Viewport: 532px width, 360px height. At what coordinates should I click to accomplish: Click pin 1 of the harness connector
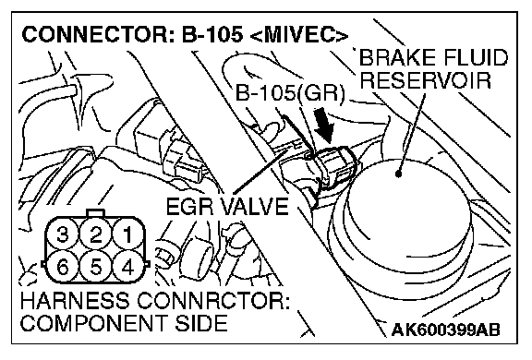pos(127,234)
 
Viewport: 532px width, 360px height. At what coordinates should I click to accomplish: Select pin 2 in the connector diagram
pos(96,234)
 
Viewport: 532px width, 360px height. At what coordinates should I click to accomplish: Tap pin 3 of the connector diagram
pos(63,234)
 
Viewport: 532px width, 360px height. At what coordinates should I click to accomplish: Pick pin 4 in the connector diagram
pos(127,267)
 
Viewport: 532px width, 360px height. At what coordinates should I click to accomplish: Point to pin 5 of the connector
pos(96,267)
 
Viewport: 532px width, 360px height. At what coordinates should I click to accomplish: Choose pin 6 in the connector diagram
pos(63,267)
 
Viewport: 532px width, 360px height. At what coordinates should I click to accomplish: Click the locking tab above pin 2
pos(96,213)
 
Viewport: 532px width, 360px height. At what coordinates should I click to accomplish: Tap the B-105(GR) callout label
pos(290,92)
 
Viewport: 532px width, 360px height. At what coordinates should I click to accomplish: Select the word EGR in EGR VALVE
pos(191,206)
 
